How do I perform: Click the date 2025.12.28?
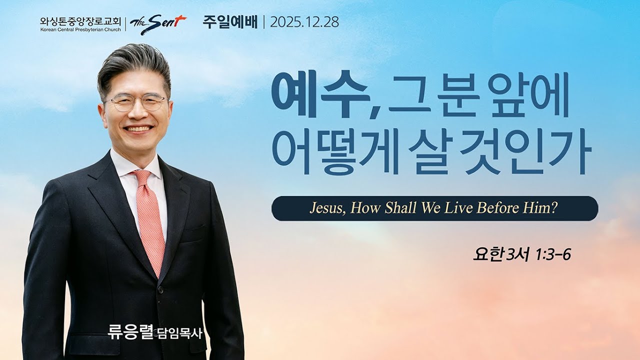point(304,22)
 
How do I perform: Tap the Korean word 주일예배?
point(230,22)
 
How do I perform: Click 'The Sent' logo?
point(158,23)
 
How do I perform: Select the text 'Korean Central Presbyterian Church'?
point(80,29)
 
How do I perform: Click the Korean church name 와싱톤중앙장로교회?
point(80,21)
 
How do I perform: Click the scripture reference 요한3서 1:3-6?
point(521,254)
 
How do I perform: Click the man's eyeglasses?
point(136,103)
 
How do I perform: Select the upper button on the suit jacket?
point(160,289)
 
